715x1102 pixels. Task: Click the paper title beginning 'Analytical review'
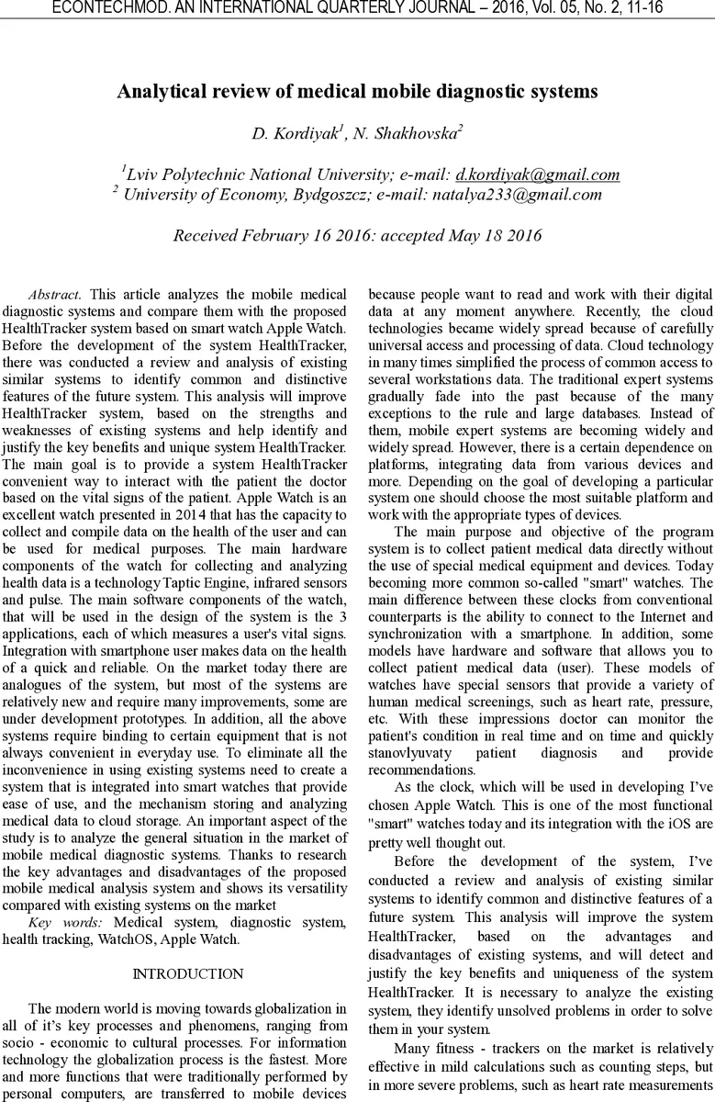pos(357,92)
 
